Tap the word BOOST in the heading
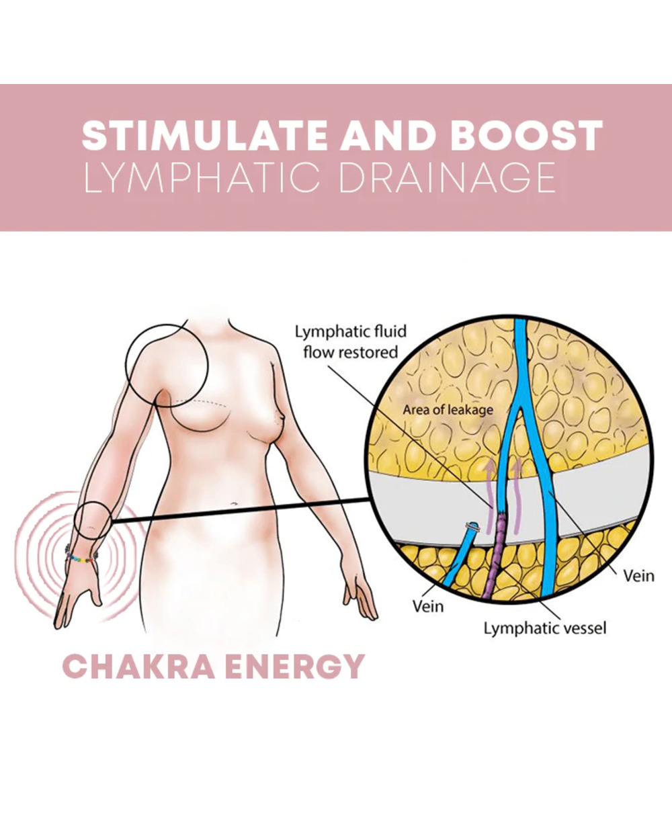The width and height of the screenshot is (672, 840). coord(526,136)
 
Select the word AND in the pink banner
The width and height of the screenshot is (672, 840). coord(388,136)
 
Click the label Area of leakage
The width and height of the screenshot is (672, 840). coord(448,409)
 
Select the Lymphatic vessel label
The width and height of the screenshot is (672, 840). coord(545,628)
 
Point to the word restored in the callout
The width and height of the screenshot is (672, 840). coord(369,352)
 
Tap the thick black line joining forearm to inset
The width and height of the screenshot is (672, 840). coord(242,510)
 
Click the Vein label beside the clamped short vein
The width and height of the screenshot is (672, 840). coord(428,605)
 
